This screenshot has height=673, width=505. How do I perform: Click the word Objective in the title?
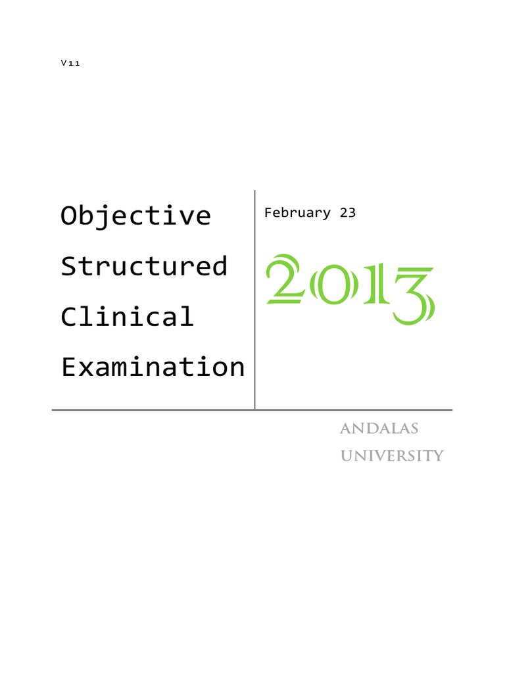136,216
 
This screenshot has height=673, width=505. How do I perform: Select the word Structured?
144,266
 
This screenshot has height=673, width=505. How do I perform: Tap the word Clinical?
128,317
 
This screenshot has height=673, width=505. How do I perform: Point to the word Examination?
153,367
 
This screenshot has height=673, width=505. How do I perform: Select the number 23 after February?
347,213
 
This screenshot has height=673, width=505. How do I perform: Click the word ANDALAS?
379,429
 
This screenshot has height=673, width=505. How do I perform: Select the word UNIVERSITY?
391,455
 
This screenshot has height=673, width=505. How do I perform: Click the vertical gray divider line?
255,296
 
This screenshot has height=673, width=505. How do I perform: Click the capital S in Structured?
68,266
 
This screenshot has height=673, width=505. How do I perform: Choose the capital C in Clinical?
68,317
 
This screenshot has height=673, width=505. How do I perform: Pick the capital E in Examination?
68,367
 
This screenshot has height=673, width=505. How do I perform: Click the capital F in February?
267,213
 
